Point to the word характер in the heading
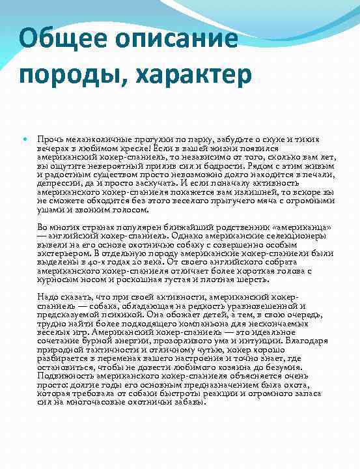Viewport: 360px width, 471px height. coord(194,74)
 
